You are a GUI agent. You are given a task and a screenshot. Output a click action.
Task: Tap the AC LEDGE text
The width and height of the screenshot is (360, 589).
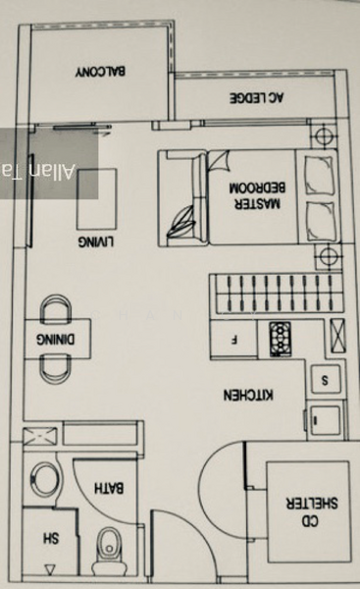point(256,97)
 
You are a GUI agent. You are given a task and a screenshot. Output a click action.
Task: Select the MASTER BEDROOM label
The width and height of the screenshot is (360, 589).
point(255,194)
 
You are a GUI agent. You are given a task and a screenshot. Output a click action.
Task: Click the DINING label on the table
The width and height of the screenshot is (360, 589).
point(49,338)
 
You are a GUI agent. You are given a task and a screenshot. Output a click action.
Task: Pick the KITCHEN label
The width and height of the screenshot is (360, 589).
point(250,397)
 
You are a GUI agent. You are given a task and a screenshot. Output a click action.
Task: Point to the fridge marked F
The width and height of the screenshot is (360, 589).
point(235,341)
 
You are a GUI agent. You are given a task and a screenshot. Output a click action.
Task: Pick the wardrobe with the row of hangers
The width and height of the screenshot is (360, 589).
point(263,293)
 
